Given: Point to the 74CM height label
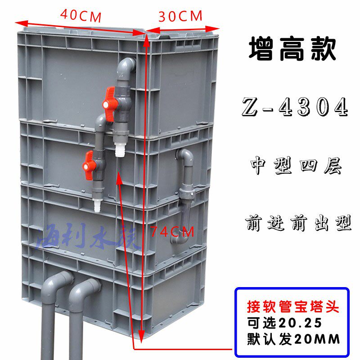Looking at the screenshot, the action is click(x=172, y=232).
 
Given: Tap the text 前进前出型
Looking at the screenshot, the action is click(x=298, y=223).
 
